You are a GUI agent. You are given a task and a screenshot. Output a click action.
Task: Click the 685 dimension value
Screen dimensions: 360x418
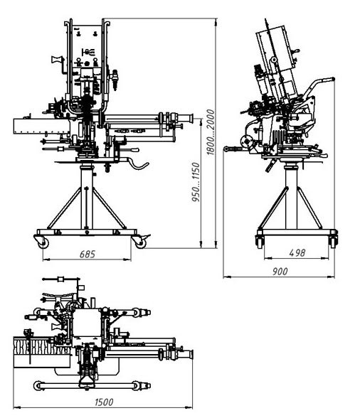(x=88, y=254)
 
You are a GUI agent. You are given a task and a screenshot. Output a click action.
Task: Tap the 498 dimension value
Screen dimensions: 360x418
(x=297, y=253)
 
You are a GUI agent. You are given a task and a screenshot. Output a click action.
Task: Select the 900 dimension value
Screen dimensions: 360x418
(x=280, y=272)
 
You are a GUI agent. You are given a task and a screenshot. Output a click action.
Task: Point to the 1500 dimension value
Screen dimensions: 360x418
(x=104, y=402)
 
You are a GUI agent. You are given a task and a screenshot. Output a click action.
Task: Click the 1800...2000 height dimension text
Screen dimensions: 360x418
(x=211, y=132)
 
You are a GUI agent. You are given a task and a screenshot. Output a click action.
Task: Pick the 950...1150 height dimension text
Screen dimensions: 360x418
(x=196, y=182)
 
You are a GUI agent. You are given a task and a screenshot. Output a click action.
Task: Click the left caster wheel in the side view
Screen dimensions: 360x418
(x=260, y=242)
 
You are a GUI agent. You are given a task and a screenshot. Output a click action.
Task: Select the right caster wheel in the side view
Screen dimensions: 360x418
(x=332, y=242)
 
